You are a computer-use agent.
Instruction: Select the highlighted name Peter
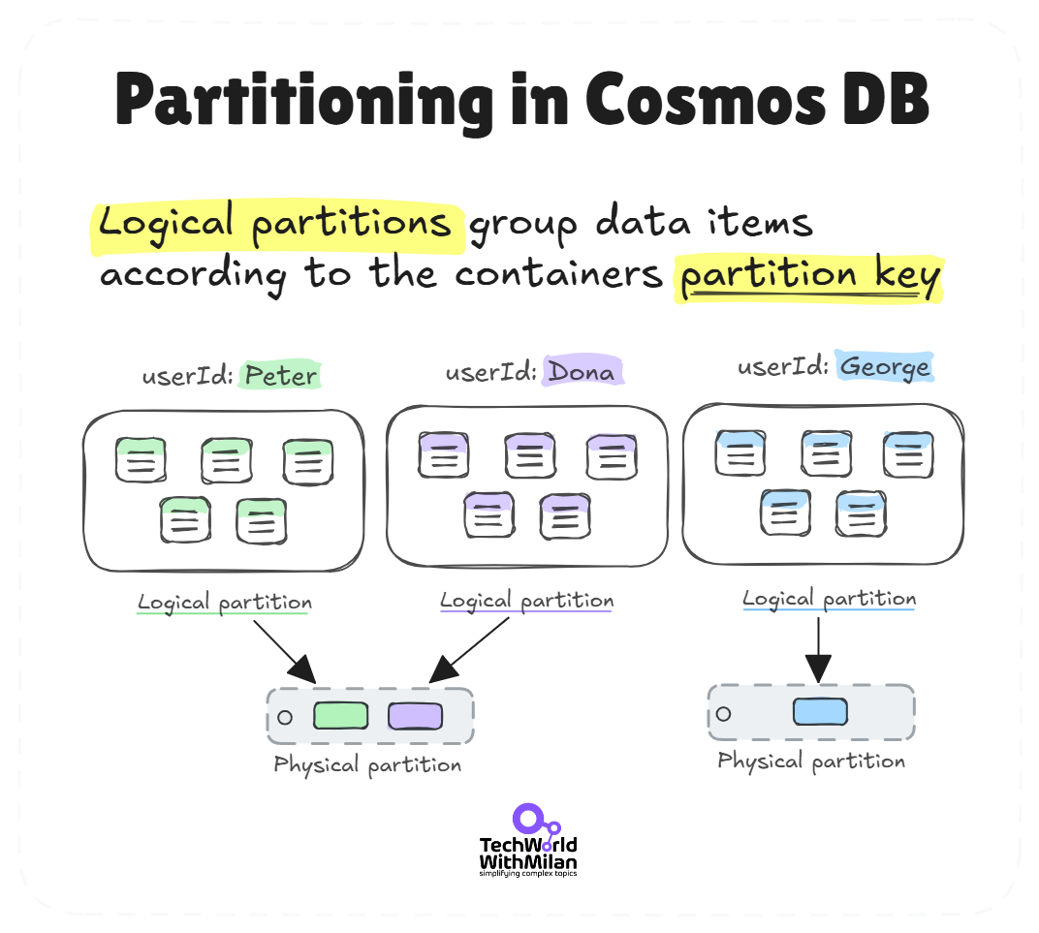(280, 375)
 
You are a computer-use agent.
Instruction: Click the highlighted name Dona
(581, 371)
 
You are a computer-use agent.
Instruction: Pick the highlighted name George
(885, 367)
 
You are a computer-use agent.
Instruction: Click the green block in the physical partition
(340, 716)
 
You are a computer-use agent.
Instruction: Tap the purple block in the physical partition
(415, 716)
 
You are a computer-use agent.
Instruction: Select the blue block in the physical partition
(820, 711)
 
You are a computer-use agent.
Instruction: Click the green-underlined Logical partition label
(225, 603)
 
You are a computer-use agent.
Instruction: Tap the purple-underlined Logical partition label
(526, 601)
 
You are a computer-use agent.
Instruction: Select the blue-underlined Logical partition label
(829, 599)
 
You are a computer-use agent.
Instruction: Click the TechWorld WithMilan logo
(528, 841)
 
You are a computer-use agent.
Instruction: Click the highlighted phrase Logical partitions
(275, 224)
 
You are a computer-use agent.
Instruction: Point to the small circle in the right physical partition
(723, 714)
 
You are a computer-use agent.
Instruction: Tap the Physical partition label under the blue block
(811, 762)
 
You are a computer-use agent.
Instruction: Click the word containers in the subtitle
(558, 276)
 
